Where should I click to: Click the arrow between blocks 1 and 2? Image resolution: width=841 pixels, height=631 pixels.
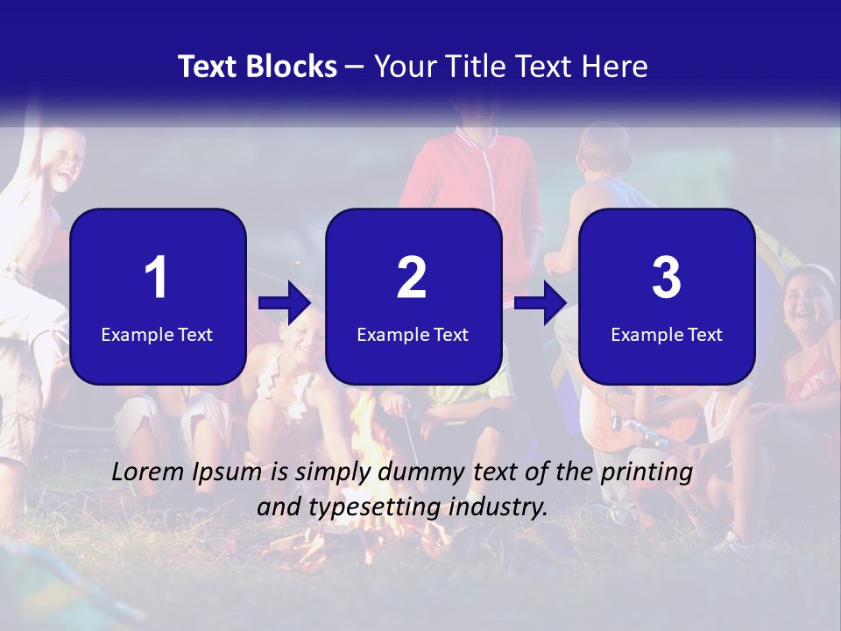285,304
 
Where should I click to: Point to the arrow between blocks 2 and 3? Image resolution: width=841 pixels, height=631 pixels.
541,304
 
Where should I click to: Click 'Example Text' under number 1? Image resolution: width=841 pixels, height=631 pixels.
157,334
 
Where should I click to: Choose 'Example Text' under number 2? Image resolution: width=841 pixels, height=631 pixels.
413,334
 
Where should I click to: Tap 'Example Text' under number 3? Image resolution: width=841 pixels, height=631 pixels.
667,334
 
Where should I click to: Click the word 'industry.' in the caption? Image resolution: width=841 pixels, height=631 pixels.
503,507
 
